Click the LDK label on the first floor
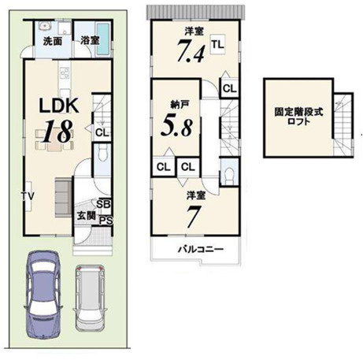pyautogui.click(x=59, y=106)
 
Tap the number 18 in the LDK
pyautogui.click(x=58, y=132)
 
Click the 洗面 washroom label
pyautogui.click(x=53, y=41)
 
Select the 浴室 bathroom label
pyautogui.click(x=90, y=40)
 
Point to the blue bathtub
pyautogui.click(x=103, y=39)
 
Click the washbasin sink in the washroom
pyautogui.click(x=46, y=27)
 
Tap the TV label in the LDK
pyautogui.click(x=28, y=196)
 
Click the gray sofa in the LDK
pyautogui.click(x=63, y=197)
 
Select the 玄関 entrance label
pyautogui.click(x=86, y=216)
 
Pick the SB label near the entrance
pyautogui.click(x=103, y=204)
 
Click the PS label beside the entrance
pyautogui.click(x=106, y=221)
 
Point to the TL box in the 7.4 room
pyautogui.click(x=218, y=44)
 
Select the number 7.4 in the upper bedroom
pyautogui.click(x=191, y=50)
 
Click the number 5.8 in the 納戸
pyautogui.click(x=176, y=127)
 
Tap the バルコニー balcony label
pyautogui.click(x=201, y=249)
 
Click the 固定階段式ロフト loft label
pyautogui.click(x=298, y=117)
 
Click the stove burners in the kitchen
pyautogui.click(x=65, y=73)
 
